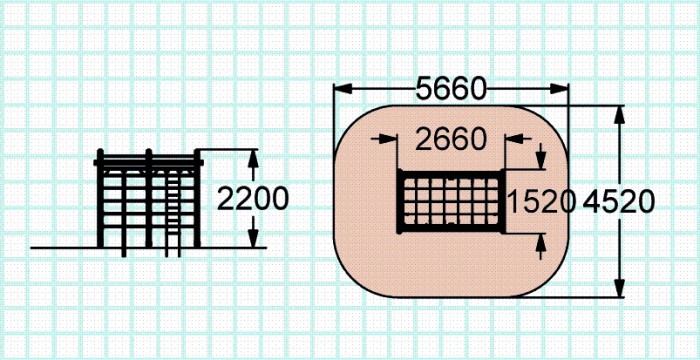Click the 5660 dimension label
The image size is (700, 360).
450,89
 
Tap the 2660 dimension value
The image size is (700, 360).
450,139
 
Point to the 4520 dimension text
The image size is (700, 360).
619,201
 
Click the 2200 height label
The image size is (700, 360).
253,198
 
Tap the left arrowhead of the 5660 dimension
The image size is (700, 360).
343,88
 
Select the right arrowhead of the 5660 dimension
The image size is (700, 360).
559,88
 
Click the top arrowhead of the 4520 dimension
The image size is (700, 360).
619,115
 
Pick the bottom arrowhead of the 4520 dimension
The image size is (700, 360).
619,288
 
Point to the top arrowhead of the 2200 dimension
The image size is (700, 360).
253,158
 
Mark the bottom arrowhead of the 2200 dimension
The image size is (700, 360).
253,238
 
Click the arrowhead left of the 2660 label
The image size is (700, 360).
388,138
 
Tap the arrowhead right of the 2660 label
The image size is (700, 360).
514,138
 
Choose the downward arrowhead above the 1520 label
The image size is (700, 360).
541,160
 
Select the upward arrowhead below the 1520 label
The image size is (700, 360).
541,242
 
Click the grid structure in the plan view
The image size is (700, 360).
451,201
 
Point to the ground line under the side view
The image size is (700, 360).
148,247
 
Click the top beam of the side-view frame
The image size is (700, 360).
148,162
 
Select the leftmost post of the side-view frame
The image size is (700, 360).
100,198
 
